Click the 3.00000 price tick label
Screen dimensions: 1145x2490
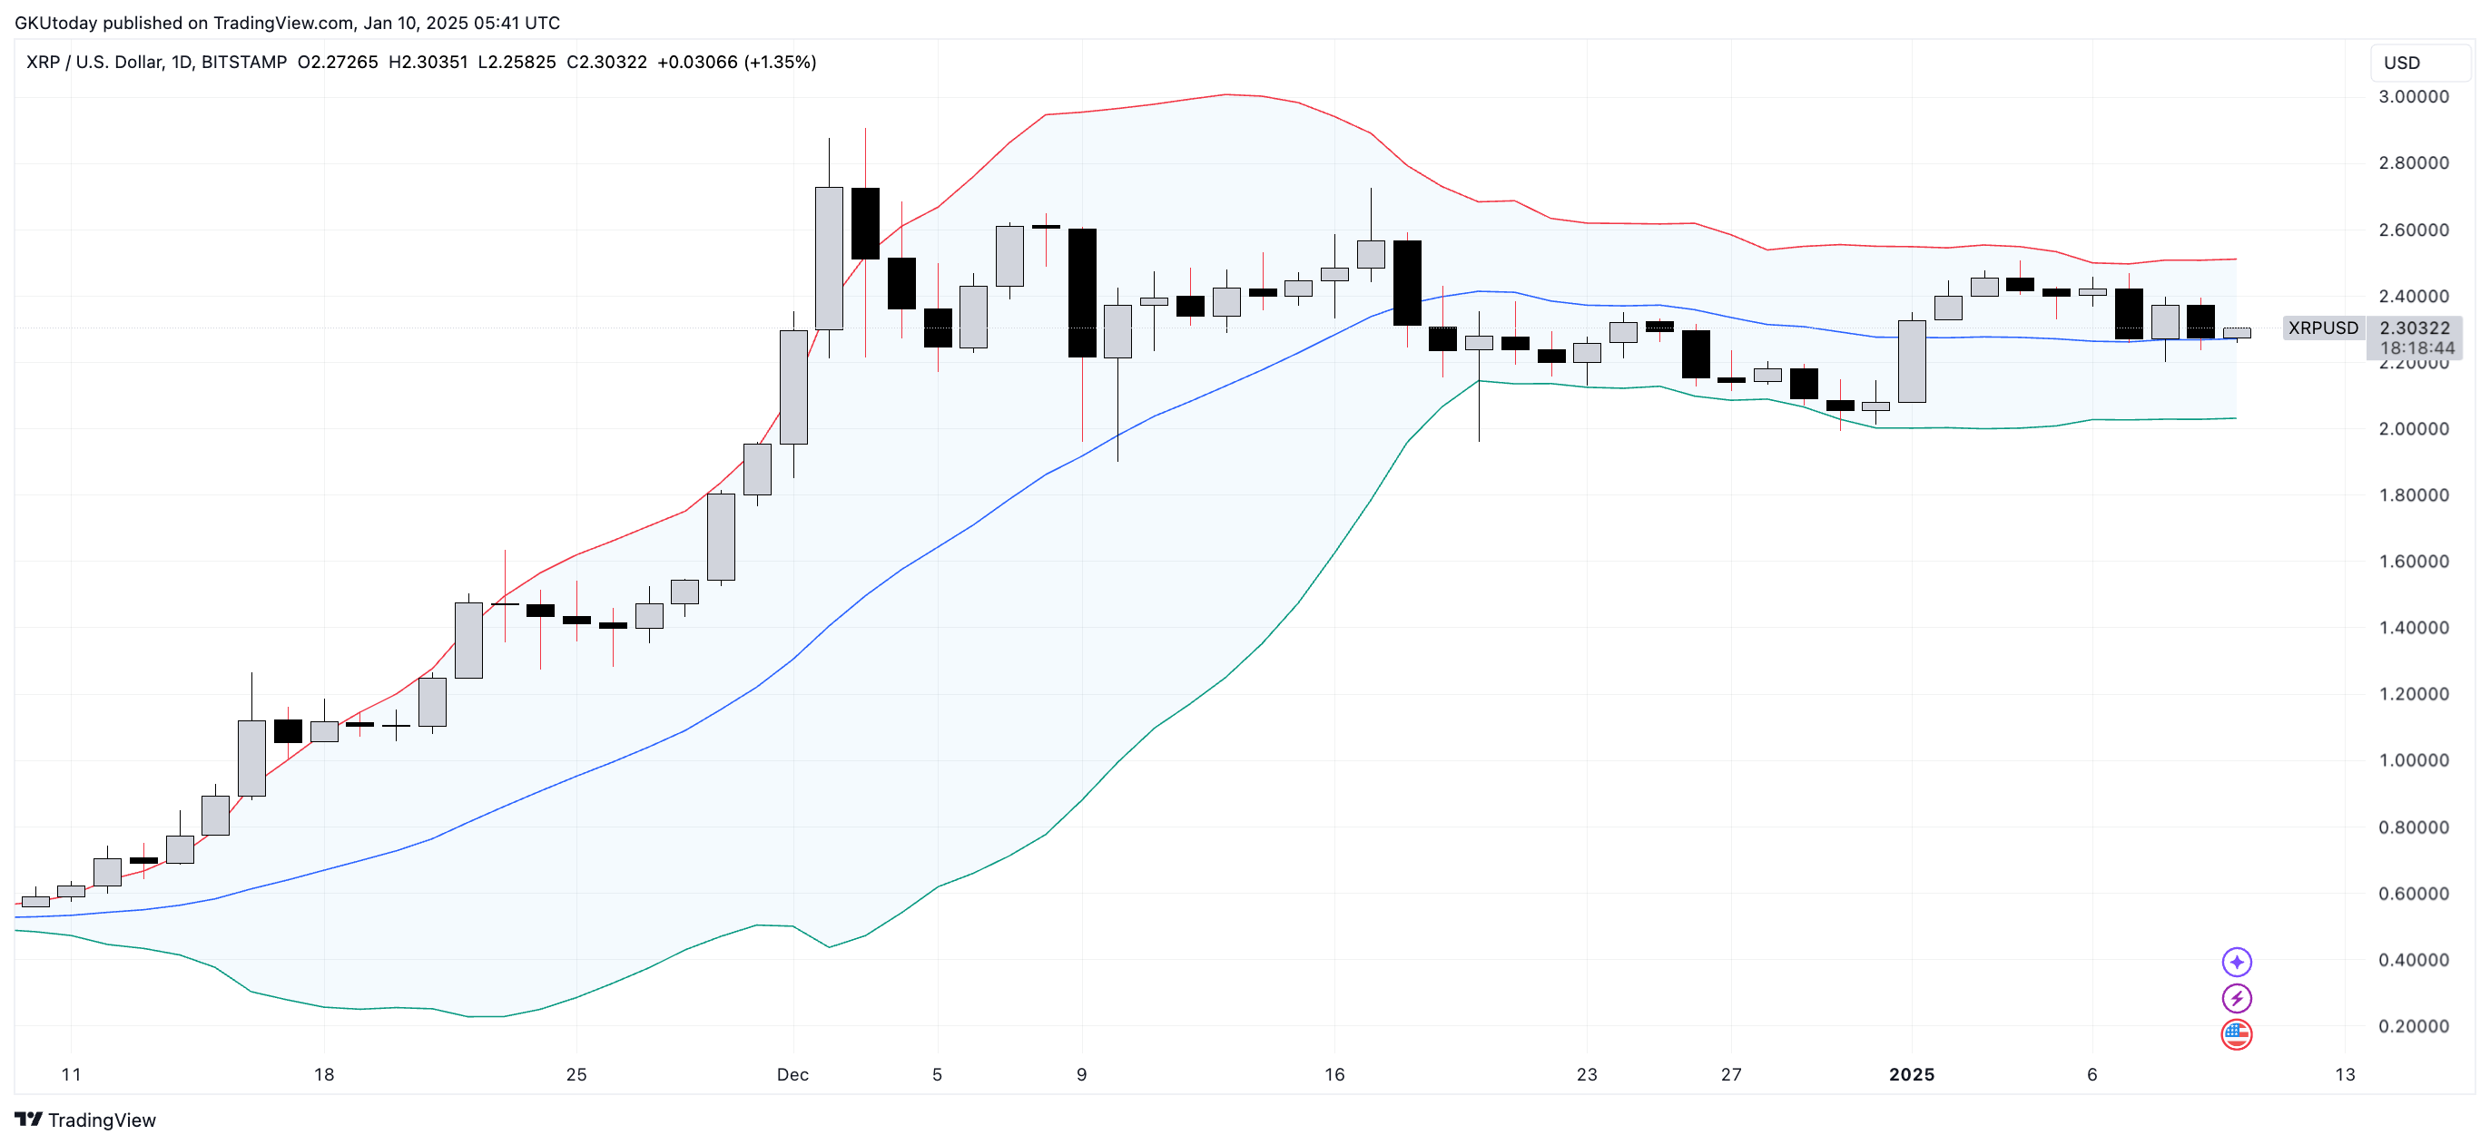(2413, 96)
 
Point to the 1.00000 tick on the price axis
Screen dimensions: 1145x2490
(2413, 760)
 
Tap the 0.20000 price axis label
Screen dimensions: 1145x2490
(2413, 1026)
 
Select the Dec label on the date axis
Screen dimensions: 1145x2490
(792, 1074)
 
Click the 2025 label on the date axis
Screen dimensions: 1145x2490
(1911, 1074)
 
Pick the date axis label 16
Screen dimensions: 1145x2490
(1334, 1074)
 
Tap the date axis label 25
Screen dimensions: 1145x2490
(576, 1074)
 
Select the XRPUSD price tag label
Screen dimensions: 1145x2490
(2323, 328)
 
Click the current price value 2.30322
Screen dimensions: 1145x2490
(2414, 328)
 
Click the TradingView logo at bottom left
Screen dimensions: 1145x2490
(85, 1120)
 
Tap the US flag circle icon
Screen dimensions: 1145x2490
(2236, 1035)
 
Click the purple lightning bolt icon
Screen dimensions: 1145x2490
(2236, 998)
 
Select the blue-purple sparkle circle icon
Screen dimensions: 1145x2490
(2236, 962)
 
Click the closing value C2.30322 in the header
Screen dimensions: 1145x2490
(606, 62)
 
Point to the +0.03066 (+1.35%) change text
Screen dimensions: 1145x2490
(736, 62)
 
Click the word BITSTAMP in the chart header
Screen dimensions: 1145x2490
(243, 62)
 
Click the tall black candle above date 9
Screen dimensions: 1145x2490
(1082, 293)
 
